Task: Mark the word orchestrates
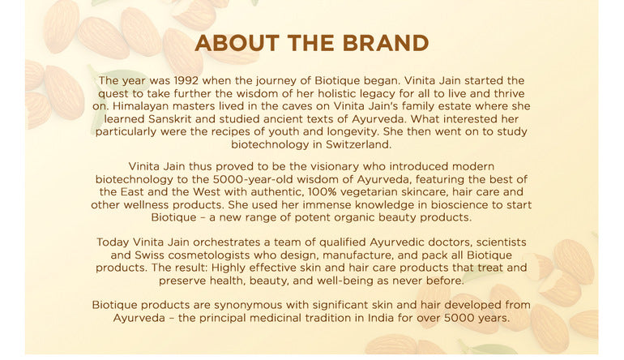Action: pyautogui.click(x=228, y=242)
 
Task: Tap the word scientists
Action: pyautogui.click(x=493, y=242)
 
